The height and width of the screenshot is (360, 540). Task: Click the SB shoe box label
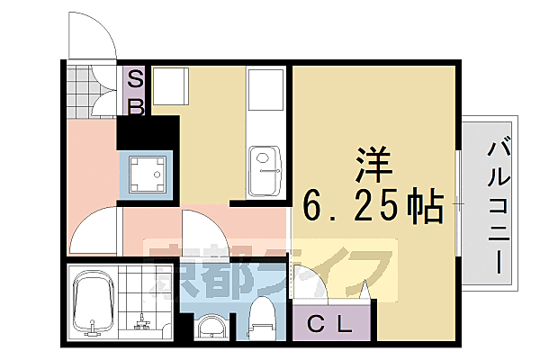tap(135, 92)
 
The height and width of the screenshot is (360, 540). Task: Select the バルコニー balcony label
tap(496, 206)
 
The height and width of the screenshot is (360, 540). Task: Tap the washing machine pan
tap(147, 173)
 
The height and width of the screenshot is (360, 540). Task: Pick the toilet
tap(262, 317)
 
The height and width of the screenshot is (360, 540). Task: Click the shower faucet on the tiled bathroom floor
tap(141, 320)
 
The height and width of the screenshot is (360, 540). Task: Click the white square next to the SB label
tap(169, 87)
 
